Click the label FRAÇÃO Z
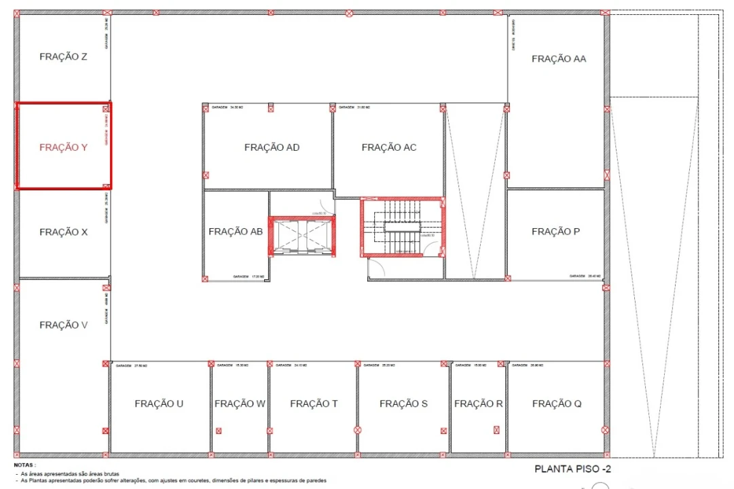pyautogui.click(x=63, y=57)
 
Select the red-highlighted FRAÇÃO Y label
pyautogui.click(x=63, y=147)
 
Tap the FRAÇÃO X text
pyautogui.click(x=63, y=232)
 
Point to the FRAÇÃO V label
pyautogui.click(x=63, y=325)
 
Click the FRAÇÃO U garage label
pyautogui.click(x=159, y=404)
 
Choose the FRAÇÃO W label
pyautogui.click(x=240, y=404)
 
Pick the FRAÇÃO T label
pyautogui.click(x=314, y=404)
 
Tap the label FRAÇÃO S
pyautogui.click(x=403, y=404)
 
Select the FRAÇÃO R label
pyautogui.click(x=478, y=404)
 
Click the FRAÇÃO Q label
pyautogui.click(x=557, y=404)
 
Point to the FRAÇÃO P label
pyautogui.click(x=555, y=232)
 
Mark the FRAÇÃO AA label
pyautogui.click(x=559, y=59)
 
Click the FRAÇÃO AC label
pyautogui.click(x=389, y=147)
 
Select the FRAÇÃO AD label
pyautogui.click(x=272, y=147)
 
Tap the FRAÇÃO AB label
pyautogui.click(x=236, y=232)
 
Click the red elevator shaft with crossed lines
pyautogui.click(x=302, y=236)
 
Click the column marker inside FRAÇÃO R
pyautogui.click(x=496, y=430)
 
